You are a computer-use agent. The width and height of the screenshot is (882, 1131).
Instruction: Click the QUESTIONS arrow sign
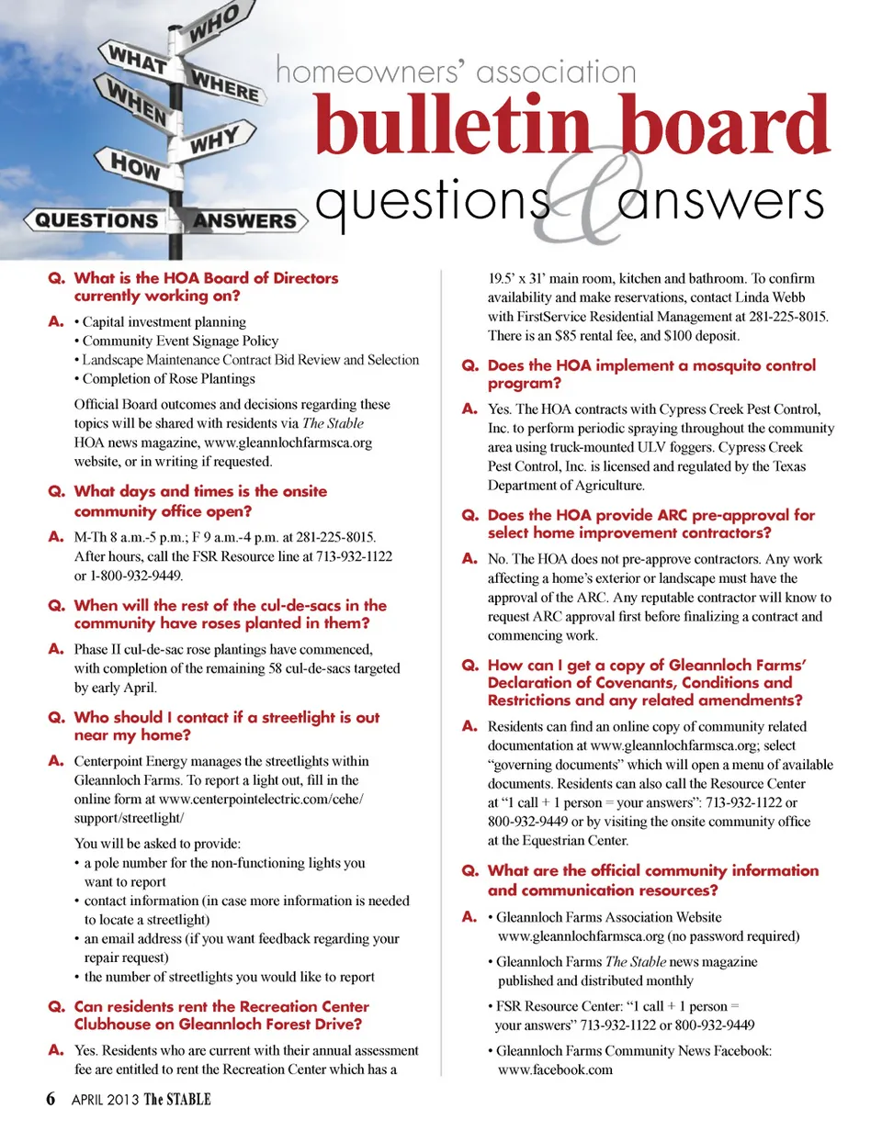click(93, 220)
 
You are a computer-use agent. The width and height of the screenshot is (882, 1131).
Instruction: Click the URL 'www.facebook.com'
click(554, 1069)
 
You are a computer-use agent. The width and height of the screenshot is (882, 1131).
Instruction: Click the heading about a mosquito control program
click(650, 375)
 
